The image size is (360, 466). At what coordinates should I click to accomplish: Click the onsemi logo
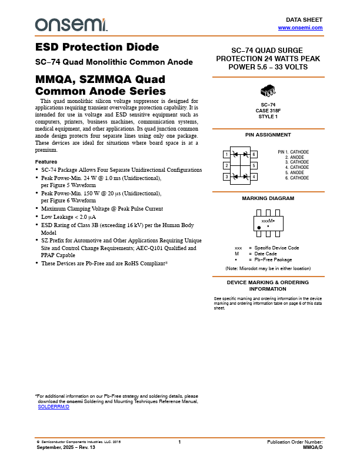point(71,24)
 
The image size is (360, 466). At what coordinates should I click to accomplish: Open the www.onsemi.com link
point(300,28)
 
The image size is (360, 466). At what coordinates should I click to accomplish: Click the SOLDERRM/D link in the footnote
point(54,407)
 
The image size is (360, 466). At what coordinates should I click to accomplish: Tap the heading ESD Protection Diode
point(97,48)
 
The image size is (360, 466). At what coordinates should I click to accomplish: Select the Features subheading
point(46,162)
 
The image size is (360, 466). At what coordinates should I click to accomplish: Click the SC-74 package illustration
point(268,91)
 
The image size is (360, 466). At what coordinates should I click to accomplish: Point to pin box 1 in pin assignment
point(226,154)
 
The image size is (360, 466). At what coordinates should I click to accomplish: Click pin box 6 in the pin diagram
point(254,154)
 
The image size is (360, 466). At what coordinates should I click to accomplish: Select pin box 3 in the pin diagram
point(226,177)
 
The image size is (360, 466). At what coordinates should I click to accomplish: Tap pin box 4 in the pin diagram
point(254,177)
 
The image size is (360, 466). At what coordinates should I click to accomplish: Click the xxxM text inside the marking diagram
point(268,220)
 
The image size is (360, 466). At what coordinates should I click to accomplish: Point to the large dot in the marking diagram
point(259,227)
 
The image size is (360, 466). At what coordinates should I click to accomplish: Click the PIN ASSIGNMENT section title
point(268,135)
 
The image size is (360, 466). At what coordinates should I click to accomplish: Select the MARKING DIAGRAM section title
point(268,198)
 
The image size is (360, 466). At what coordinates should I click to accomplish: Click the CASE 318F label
point(268,110)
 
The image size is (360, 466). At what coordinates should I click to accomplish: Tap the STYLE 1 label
point(268,116)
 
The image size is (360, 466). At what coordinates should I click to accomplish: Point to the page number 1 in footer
point(179,441)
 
